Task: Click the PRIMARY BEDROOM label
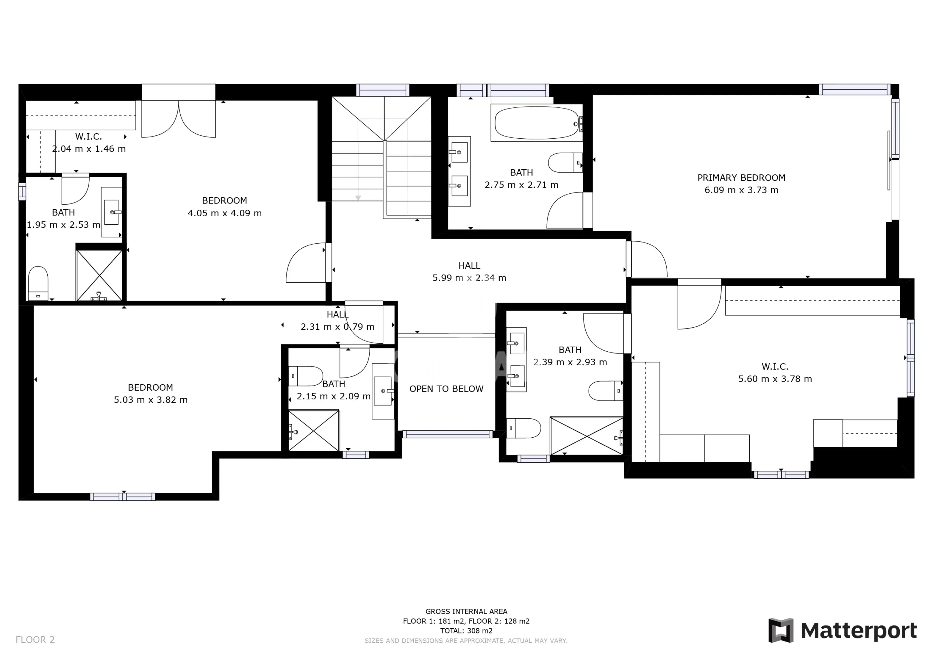click(741, 178)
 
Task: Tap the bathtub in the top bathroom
click(537, 123)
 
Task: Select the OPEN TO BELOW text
click(446, 389)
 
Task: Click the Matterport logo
click(843, 631)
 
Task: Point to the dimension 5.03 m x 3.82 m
click(151, 400)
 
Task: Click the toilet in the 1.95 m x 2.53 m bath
click(38, 283)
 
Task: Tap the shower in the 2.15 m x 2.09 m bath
click(314, 430)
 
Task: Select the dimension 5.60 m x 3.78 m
click(775, 379)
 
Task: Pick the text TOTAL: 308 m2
click(466, 631)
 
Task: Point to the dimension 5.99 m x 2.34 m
click(469, 278)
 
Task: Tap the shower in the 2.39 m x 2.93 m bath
click(586, 436)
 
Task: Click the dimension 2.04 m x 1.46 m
click(89, 149)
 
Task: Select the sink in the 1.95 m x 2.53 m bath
click(112, 212)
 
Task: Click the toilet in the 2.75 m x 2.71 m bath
click(565, 163)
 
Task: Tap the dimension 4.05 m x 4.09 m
click(225, 213)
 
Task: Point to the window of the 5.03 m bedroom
click(123, 497)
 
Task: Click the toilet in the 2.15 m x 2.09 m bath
click(305, 376)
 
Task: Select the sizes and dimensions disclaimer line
click(466, 641)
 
